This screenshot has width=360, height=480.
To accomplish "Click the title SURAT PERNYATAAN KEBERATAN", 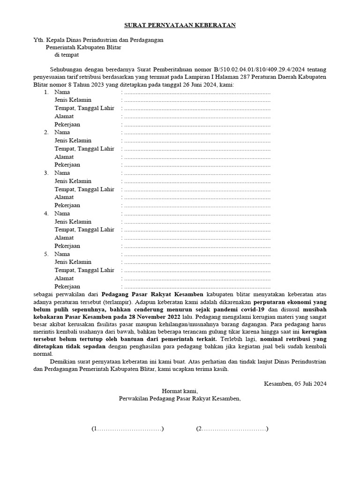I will [x=180, y=25].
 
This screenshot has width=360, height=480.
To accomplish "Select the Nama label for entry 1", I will [x=62, y=92].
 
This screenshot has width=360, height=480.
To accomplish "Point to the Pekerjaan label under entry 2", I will [x=67, y=165].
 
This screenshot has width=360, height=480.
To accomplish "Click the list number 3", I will [x=46, y=173].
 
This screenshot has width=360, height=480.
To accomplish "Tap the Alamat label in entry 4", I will [x=64, y=238].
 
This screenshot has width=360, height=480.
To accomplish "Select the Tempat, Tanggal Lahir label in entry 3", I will [x=84, y=189].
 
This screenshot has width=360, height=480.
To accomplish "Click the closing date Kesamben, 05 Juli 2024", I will [x=295, y=383].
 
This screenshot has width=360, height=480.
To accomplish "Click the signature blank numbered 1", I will [x=127, y=429].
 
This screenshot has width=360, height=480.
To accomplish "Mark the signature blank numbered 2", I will [x=232, y=429].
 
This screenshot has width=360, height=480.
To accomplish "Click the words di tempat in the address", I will [x=67, y=55].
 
